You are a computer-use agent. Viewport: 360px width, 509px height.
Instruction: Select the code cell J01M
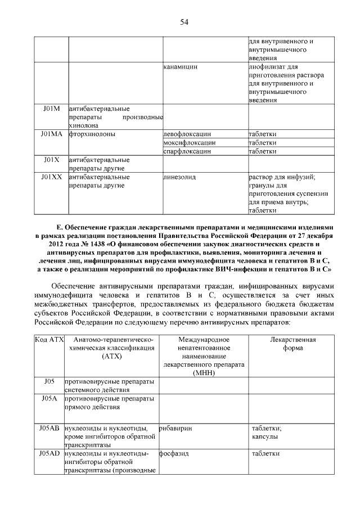click(51, 108)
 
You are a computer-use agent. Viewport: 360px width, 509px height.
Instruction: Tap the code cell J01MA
click(51, 134)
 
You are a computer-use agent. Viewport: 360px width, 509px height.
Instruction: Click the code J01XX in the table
click(51, 177)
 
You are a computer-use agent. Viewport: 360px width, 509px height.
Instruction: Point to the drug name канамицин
click(180, 66)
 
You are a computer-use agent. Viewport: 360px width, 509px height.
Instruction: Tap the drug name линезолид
click(179, 177)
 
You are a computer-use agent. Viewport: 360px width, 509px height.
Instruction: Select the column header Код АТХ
click(49, 340)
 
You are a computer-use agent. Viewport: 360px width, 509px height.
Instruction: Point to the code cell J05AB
click(49, 428)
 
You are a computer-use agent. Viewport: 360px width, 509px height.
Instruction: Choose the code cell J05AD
click(49, 453)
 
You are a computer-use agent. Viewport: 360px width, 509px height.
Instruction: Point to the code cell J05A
click(49, 398)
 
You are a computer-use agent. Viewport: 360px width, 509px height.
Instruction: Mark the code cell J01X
click(51, 160)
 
